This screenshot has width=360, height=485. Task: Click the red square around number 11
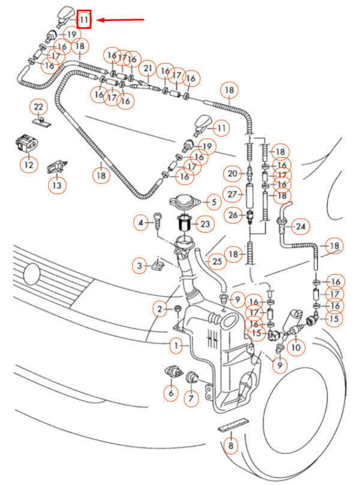click(x=85, y=20)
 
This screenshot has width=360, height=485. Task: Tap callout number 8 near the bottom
click(x=230, y=445)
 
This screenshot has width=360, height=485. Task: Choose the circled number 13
click(x=56, y=184)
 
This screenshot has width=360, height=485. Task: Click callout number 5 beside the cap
click(x=212, y=202)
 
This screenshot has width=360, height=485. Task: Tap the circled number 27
click(x=233, y=195)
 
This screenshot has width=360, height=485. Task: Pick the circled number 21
click(x=147, y=70)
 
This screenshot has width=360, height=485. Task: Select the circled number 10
click(x=296, y=346)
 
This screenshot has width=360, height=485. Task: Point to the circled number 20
click(x=233, y=174)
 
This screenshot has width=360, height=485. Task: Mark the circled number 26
click(x=233, y=215)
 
